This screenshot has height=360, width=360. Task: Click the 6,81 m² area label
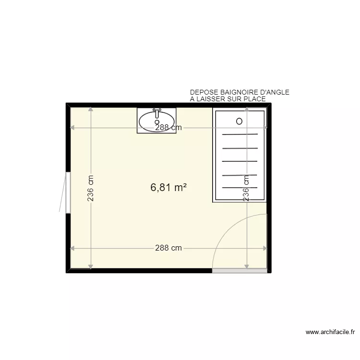tap(168, 188)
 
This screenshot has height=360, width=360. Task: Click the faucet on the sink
tap(156, 113)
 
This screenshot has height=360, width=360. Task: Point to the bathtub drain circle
tap(239, 121)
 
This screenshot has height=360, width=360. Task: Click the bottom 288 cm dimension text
tap(168, 248)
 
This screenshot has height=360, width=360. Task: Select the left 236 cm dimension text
tap(91, 188)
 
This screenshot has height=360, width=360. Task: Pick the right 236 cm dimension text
tap(246, 188)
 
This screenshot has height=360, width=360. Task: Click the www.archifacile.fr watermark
tap(331, 332)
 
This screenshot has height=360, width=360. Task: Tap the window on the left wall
tap(68, 192)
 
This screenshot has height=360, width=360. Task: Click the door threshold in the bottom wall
tap(240, 271)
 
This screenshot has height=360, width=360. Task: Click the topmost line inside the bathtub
tap(240, 134)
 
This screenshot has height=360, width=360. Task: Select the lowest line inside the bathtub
tap(240, 188)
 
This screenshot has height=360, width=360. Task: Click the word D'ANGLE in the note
tap(274, 93)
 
